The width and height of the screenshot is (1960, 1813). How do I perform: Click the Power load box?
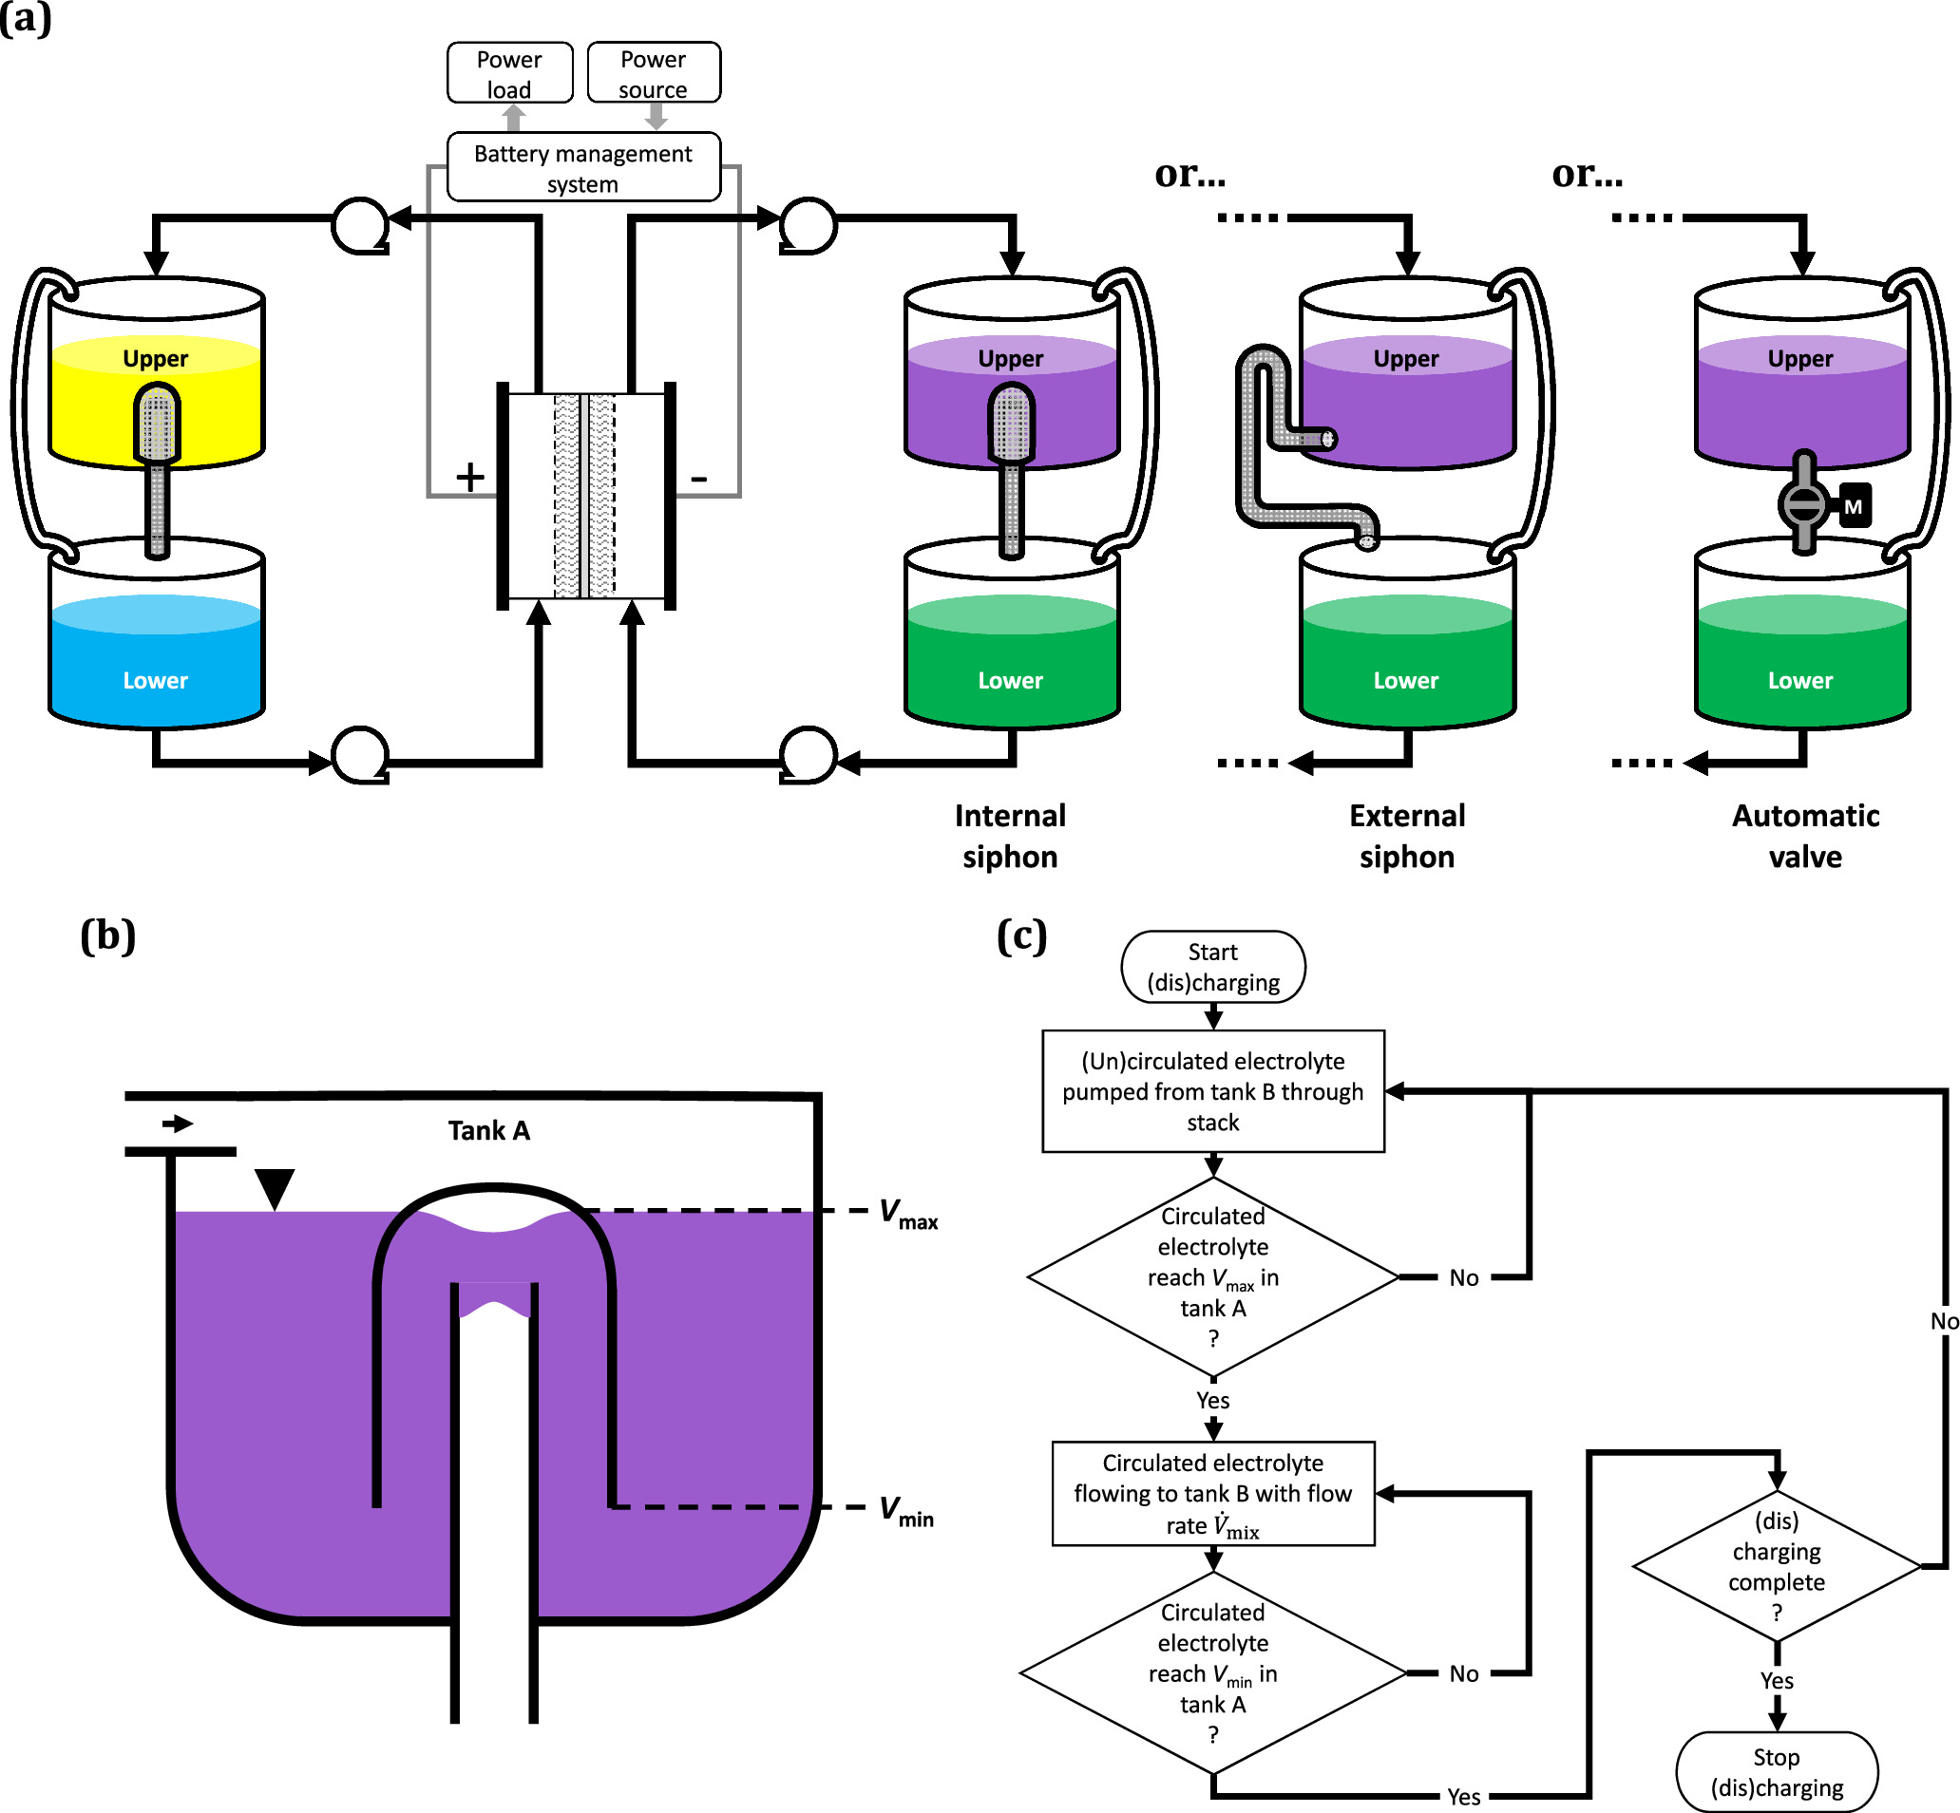tap(509, 73)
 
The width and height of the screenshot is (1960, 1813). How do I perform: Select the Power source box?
tap(654, 73)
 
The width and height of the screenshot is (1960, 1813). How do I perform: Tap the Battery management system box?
tap(583, 168)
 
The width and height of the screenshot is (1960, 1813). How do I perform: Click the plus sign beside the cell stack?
tap(470, 478)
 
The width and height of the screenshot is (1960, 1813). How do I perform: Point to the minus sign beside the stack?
tap(699, 479)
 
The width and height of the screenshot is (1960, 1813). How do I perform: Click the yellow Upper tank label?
tap(155, 359)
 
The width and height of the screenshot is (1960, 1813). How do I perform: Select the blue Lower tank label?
tap(155, 681)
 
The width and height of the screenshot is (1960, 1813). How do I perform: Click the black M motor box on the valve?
tap(1853, 507)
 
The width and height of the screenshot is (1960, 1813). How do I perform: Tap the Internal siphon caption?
tap(1010, 836)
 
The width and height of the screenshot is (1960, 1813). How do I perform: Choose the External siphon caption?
tap(1406, 836)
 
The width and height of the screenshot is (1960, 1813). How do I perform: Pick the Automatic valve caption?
tap(1805, 836)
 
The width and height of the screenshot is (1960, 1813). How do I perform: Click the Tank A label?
tap(488, 1131)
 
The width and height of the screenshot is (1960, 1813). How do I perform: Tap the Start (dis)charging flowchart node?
tap(1213, 968)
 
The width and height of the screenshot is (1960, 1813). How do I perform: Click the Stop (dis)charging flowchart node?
tap(1777, 1772)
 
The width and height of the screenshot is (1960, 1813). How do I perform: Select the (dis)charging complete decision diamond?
tap(1777, 1567)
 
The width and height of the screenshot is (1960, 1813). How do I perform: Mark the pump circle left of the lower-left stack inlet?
tap(360, 755)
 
